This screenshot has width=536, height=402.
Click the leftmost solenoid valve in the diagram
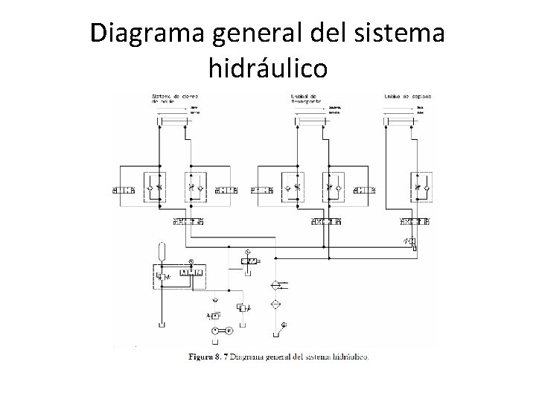pos(123,192)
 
